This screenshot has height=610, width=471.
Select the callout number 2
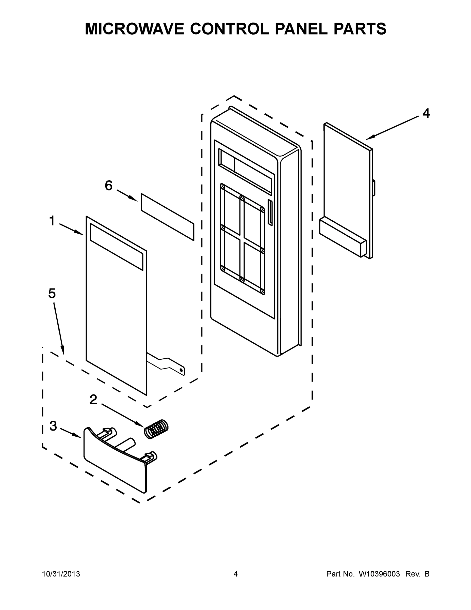pos(93,400)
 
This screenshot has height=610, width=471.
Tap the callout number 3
pos(53,426)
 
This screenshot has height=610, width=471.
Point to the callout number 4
pos(426,114)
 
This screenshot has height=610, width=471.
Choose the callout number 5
pos(52,294)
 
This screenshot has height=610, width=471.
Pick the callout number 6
pos(108,186)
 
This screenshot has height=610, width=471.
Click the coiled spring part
pos(156,429)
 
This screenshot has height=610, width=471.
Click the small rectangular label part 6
pos(167,217)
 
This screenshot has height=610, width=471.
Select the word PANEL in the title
pos(301,29)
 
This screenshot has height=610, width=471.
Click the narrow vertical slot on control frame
pos(270,212)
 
